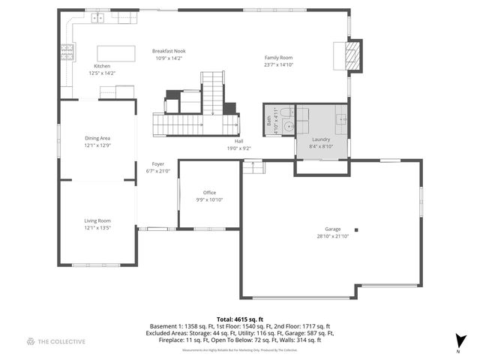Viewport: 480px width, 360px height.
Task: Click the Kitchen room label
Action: coord(101,66)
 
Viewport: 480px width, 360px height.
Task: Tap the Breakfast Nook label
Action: coord(169,51)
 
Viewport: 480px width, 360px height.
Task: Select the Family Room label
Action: coord(278,58)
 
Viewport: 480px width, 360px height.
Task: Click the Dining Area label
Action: coord(97,138)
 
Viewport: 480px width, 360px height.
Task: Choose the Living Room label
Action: coord(97,220)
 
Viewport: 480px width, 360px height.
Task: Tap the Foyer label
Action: coord(157,163)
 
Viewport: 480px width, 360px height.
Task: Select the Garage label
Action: coord(333,229)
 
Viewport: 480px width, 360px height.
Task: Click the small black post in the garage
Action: coord(356,230)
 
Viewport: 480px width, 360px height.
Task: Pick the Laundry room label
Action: coord(321,139)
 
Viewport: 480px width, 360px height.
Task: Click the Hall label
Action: coord(238,141)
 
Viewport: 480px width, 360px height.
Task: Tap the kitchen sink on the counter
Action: coord(98,17)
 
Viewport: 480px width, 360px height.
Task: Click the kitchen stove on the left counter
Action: coord(67,52)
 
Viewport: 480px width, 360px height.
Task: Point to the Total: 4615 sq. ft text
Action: coord(240,319)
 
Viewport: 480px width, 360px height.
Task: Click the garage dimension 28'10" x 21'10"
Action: coord(333,236)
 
